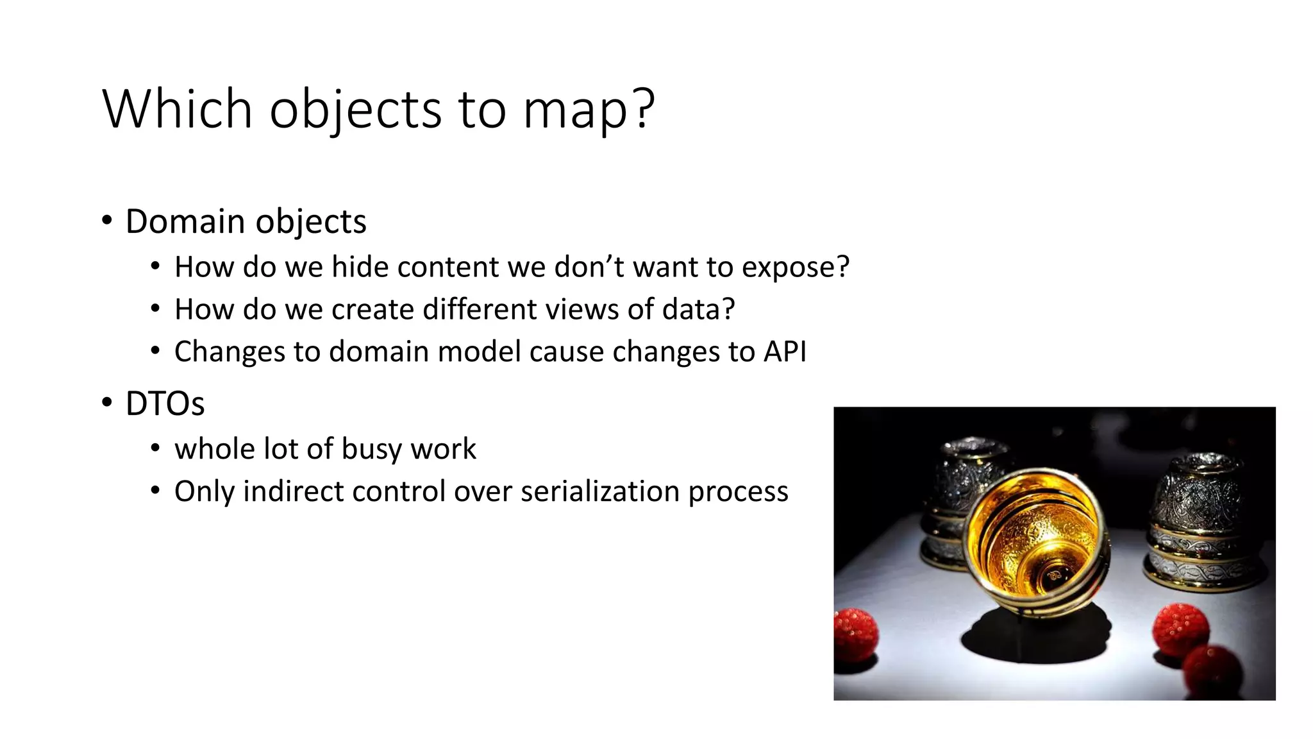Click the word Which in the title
tap(177, 109)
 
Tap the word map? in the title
tap(589, 109)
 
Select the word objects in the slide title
tap(355, 109)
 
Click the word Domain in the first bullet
tap(185, 221)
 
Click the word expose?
tap(795, 267)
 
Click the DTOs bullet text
tap(165, 403)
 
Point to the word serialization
tap(600, 491)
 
